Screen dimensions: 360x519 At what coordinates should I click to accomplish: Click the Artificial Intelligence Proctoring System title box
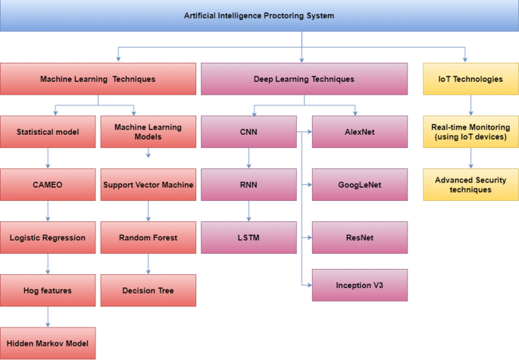coord(259,16)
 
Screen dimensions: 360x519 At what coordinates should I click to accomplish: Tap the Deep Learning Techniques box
coord(303,79)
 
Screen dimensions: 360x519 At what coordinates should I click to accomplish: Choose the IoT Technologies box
coord(471,79)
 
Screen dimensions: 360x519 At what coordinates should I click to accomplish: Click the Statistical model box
coord(48,132)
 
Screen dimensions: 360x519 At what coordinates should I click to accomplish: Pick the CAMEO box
coord(48,184)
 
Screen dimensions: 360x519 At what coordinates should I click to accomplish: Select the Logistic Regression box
coord(48,237)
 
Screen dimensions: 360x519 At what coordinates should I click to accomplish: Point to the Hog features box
coord(48,290)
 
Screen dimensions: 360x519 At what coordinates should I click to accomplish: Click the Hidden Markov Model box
coord(48,343)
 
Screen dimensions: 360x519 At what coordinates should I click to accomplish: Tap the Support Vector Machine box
coord(148,184)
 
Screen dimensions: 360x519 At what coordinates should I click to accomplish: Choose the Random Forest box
coord(148,237)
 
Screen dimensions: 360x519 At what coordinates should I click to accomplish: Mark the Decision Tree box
coord(148,290)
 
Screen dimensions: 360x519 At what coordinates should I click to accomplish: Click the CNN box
coord(249,132)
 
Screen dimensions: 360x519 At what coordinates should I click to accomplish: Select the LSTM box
coord(249,237)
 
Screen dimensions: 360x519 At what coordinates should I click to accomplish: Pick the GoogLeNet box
coord(360,184)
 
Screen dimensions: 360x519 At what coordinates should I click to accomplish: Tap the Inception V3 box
coord(360,285)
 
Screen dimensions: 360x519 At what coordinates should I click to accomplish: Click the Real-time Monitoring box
coord(471,131)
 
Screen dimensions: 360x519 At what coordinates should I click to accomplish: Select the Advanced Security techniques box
coord(471,184)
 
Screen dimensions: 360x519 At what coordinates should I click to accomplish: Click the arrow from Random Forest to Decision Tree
coord(148,264)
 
